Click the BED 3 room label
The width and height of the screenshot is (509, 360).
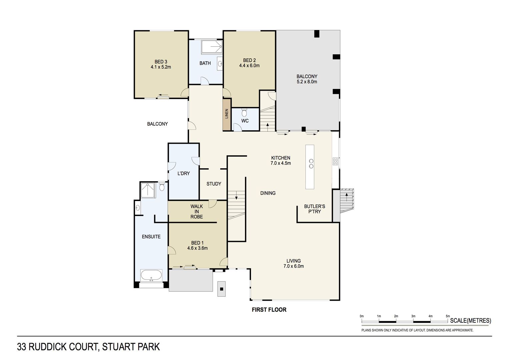coord(161,62)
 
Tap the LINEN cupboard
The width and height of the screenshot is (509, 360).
coord(227,114)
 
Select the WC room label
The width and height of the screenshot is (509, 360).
coord(245,121)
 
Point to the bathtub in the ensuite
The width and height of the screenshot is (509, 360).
coord(151,276)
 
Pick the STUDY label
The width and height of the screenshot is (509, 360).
coord(214,184)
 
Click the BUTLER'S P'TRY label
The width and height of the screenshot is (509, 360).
coord(314,209)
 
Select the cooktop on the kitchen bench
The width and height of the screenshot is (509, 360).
coord(335,162)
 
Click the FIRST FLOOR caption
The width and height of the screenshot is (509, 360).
coord(269,310)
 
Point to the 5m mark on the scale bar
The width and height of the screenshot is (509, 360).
coord(448,316)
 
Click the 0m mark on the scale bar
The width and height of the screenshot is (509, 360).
coord(362,316)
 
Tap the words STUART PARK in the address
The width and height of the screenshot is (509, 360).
coord(131,347)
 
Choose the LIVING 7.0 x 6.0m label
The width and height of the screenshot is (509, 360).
coord(293,263)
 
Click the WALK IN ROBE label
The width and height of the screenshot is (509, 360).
coord(197,212)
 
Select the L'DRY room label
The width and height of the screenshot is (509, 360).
coord(183,173)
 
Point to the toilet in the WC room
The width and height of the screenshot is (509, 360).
coord(244,112)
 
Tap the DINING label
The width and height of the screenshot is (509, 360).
coord(268,193)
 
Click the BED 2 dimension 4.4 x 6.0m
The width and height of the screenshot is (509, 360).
coord(249,66)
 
